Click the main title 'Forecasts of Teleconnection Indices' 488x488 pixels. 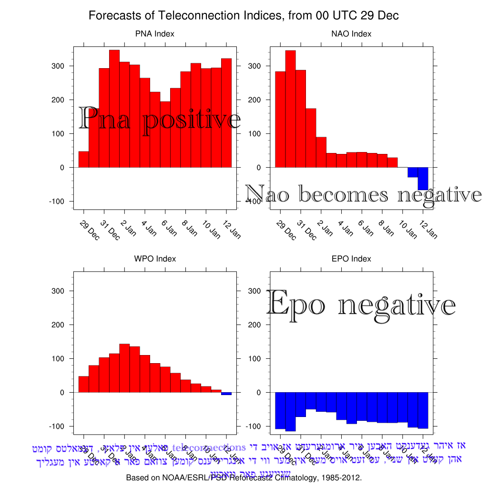[244, 16]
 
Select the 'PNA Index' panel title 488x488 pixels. [154, 34]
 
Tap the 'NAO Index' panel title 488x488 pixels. [351, 34]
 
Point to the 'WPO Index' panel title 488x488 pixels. [154, 259]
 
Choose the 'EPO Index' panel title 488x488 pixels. [351, 259]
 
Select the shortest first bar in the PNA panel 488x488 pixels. [84, 160]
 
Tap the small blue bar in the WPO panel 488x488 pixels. [226, 394]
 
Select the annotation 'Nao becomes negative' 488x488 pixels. [363, 194]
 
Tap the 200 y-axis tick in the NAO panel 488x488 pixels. [255, 100]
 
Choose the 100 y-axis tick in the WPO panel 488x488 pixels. [58, 358]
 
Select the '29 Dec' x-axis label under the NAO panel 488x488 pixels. [286, 230]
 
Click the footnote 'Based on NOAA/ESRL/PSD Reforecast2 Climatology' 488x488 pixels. [244, 478]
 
